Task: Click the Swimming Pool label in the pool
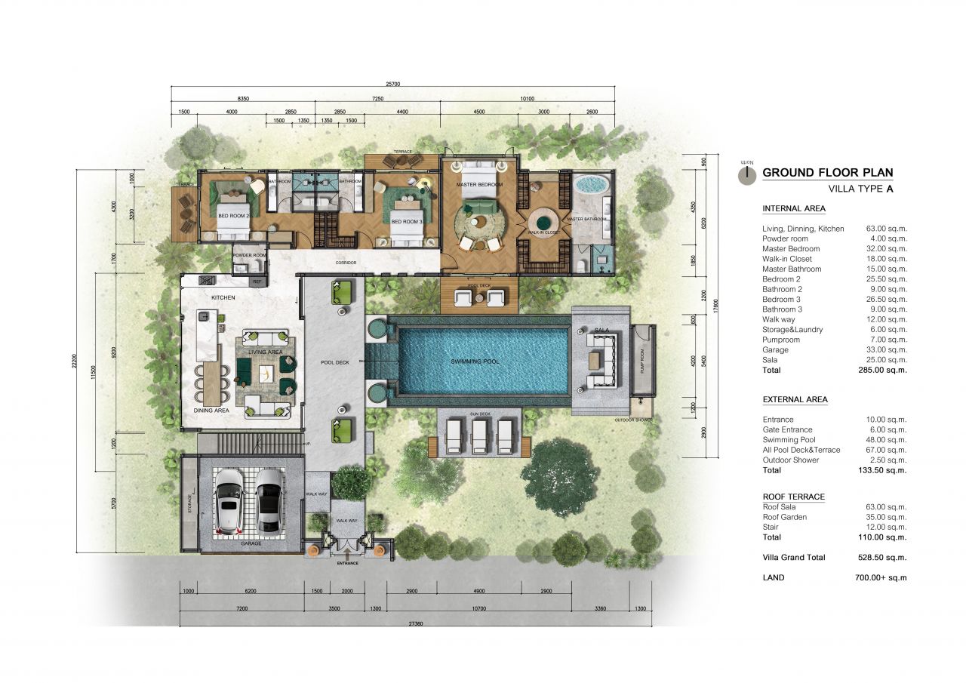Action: (x=475, y=361)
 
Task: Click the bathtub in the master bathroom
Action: (x=591, y=185)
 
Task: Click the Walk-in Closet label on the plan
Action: (x=543, y=232)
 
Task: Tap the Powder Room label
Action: (x=250, y=255)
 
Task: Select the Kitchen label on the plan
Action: (x=223, y=297)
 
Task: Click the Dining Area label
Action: (x=211, y=411)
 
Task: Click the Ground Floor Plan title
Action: (x=827, y=172)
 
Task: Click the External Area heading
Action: (x=795, y=400)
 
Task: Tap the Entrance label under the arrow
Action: (x=349, y=563)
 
